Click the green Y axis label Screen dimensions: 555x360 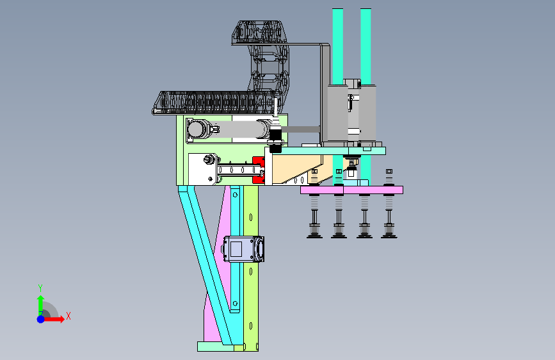click(x=40, y=288)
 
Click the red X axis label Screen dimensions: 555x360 click(x=68, y=316)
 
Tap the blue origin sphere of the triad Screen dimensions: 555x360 click(x=41, y=319)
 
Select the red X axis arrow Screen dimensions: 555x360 click(x=53, y=319)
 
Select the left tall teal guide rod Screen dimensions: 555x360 click(x=337, y=46)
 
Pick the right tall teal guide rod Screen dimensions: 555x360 click(x=366, y=46)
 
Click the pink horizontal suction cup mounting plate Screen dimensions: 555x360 click(x=351, y=190)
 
